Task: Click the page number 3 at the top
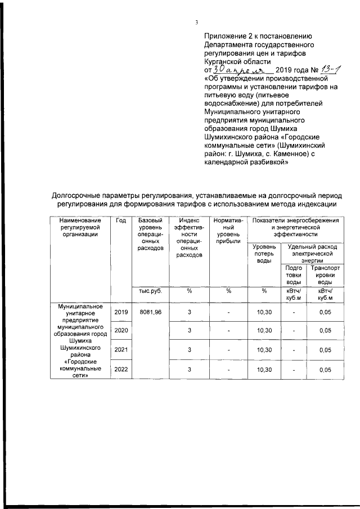[196, 22]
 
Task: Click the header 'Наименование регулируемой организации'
[82, 228]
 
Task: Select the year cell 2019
[121, 312]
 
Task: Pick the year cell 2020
[121, 331]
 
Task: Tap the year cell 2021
[121, 350]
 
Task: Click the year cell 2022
[121, 370]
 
